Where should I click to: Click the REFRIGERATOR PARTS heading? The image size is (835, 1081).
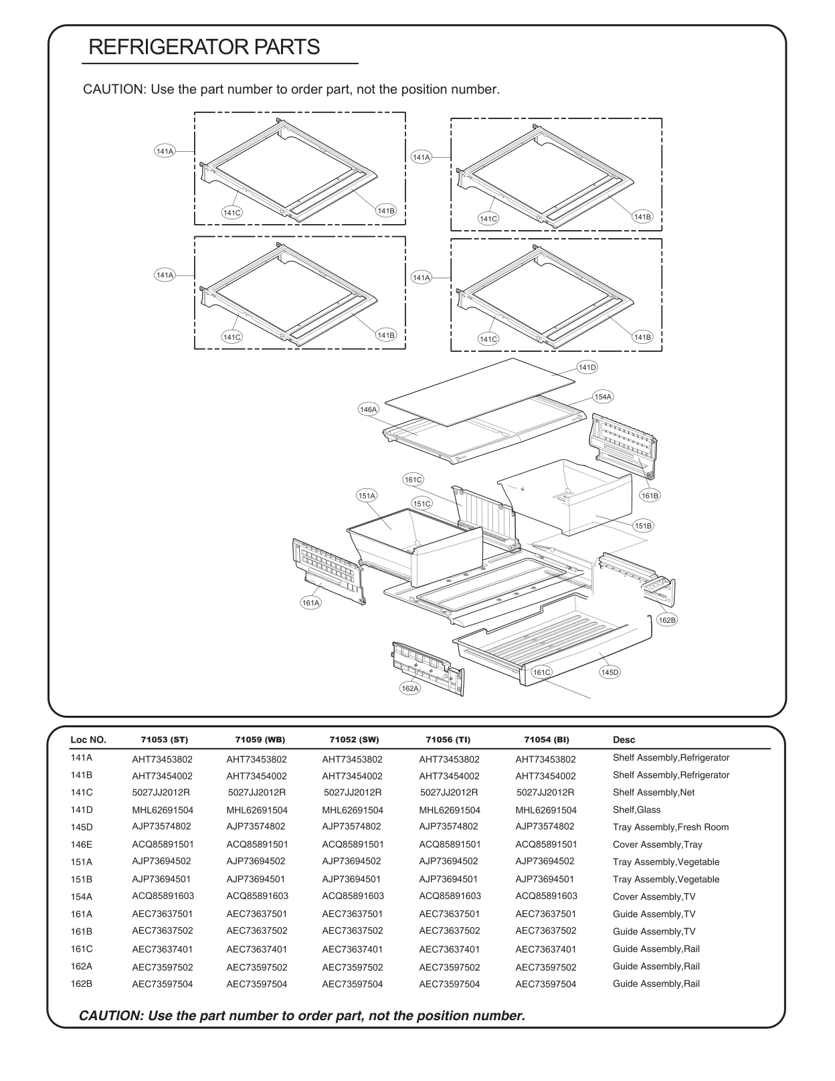pyautogui.click(x=204, y=47)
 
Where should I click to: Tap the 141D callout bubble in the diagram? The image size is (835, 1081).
pyautogui.click(x=587, y=367)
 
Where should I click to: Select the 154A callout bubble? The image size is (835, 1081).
pyautogui.click(x=603, y=397)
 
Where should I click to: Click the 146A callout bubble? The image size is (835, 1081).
pyautogui.click(x=368, y=409)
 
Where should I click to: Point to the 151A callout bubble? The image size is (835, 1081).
pyautogui.click(x=366, y=496)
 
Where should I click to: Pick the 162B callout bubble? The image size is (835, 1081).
pyautogui.click(x=667, y=620)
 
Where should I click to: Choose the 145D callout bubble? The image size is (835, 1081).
pyautogui.click(x=610, y=672)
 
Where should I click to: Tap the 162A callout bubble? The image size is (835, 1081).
pyautogui.click(x=410, y=688)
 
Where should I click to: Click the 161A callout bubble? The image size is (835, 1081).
pyautogui.click(x=311, y=603)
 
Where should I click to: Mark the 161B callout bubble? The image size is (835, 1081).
pyautogui.click(x=650, y=496)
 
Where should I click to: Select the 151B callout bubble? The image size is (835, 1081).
pyautogui.click(x=643, y=526)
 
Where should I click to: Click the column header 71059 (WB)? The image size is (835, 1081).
pyautogui.click(x=260, y=740)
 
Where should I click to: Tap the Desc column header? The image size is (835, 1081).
pyautogui.click(x=624, y=740)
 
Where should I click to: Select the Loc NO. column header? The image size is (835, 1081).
pyautogui.click(x=88, y=740)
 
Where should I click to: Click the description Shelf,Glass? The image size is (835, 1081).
pyautogui.click(x=636, y=810)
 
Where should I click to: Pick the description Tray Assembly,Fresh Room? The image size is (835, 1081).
pyautogui.click(x=670, y=827)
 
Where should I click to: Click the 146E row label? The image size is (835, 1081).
pyautogui.click(x=82, y=844)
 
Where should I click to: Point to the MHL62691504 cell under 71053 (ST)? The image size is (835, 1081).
pyautogui.click(x=163, y=810)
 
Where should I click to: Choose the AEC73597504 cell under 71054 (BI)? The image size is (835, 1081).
pyautogui.click(x=546, y=984)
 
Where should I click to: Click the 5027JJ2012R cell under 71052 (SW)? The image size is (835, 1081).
pyautogui.click(x=353, y=793)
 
